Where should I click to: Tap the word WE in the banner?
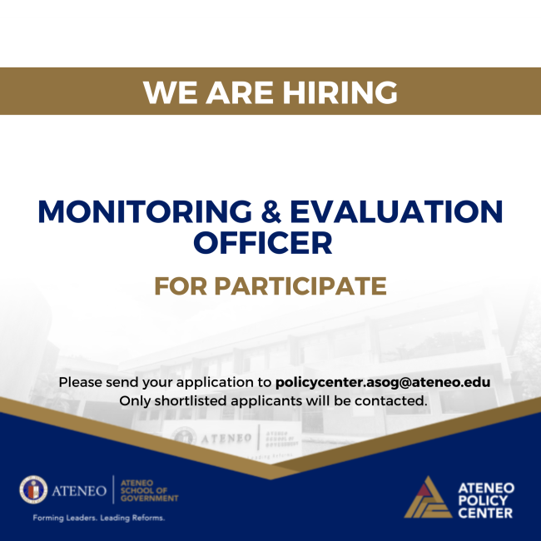coord(166,92)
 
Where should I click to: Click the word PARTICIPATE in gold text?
coord(300,286)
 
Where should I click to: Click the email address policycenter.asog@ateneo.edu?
coord(382,383)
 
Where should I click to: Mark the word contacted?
coord(394,401)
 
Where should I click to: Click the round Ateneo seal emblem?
coord(34,490)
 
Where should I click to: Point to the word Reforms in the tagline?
coord(147,518)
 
